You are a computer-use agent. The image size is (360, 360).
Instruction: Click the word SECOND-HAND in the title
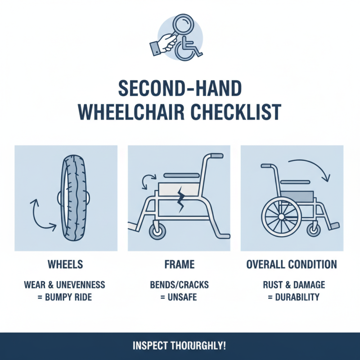pos(180,89)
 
